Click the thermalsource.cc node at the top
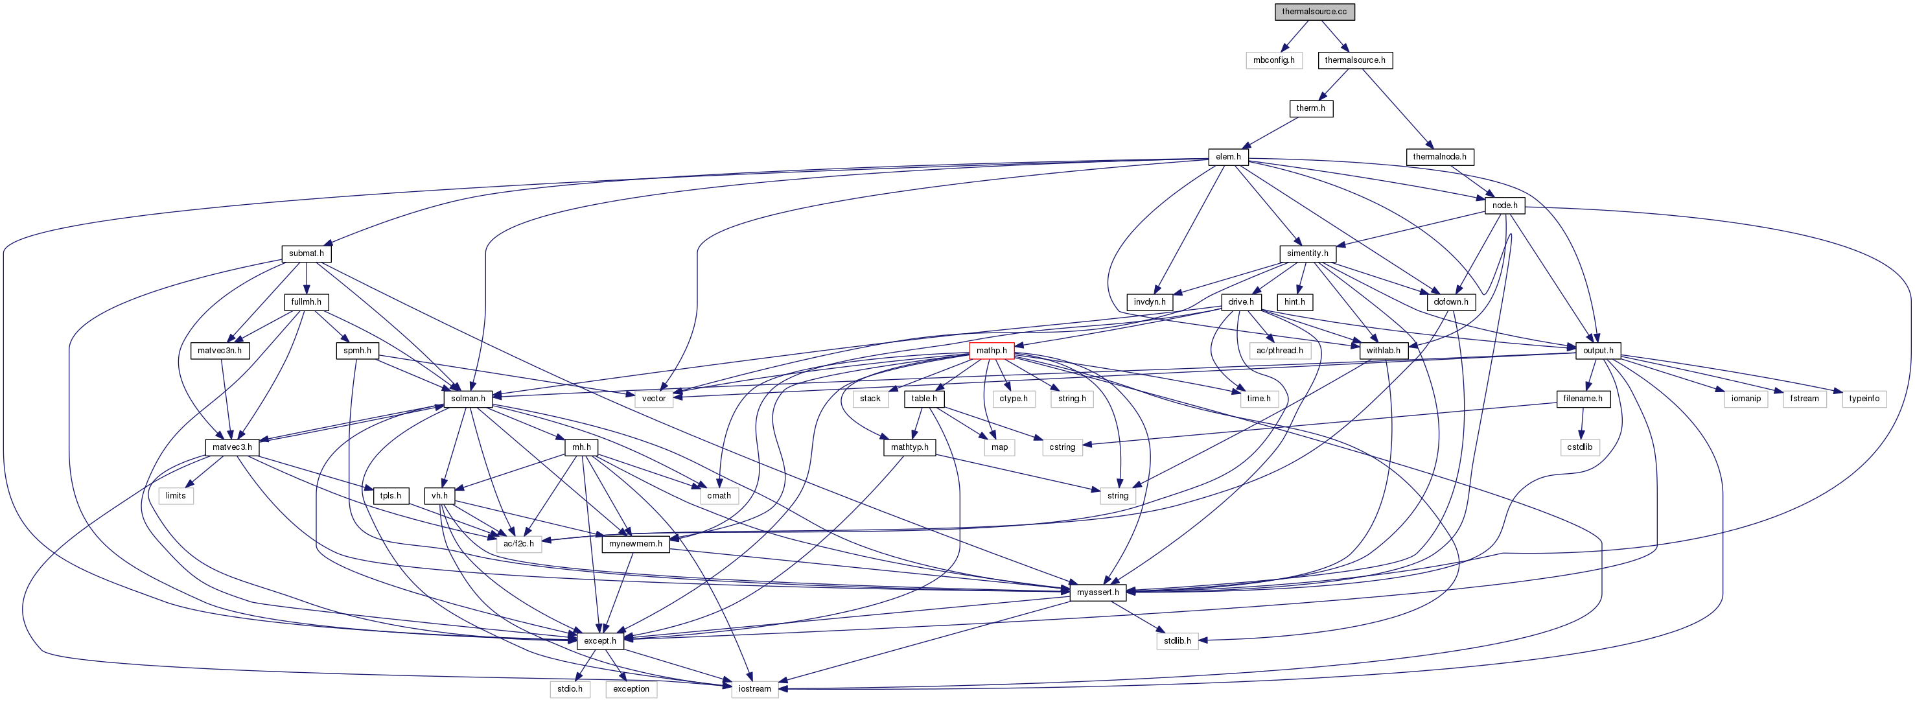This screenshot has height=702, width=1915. tap(1314, 12)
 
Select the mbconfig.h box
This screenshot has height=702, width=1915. tap(1273, 60)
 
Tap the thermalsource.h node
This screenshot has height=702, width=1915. tap(1354, 60)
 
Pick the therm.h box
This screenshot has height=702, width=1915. tap(1310, 108)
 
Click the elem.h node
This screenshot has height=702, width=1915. tap(1228, 157)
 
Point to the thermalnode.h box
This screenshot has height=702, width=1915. tap(1439, 157)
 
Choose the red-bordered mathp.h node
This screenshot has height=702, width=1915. tap(991, 350)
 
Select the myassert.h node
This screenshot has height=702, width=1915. tap(1097, 592)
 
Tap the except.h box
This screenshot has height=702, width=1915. tap(599, 641)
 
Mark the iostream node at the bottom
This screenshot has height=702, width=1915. tap(754, 689)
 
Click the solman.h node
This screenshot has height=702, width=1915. tap(468, 399)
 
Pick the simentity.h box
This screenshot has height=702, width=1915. tap(1307, 253)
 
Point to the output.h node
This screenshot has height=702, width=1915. tap(1597, 350)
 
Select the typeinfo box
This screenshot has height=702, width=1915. tap(1864, 399)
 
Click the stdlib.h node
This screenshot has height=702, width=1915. tap(1177, 641)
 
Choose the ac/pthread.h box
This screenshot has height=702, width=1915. tap(1279, 350)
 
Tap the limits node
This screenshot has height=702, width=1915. tap(176, 496)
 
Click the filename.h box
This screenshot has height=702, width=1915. tap(1583, 399)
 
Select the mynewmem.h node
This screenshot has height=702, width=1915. tap(635, 544)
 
